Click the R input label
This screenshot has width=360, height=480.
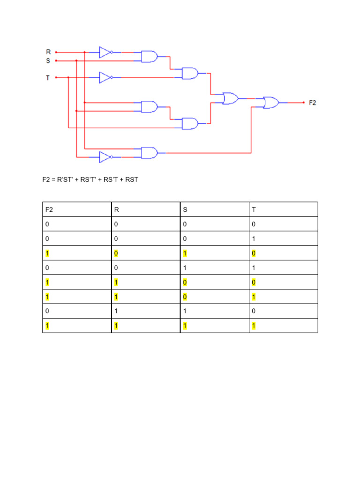tap(48, 52)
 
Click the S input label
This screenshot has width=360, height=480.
tap(48, 60)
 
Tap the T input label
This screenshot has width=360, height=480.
tap(48, 77)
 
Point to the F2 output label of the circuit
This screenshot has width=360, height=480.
tap(313, 103)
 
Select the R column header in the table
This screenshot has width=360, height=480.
tap(117, 210)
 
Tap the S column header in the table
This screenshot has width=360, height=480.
tap(185, 210)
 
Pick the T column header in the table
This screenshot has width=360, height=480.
tap(254, 210)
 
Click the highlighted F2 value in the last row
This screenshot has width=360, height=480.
tap(47, 326)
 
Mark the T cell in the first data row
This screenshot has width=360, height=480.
tap(254, 225)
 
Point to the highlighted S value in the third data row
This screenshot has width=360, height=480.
tap(185, 254)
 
